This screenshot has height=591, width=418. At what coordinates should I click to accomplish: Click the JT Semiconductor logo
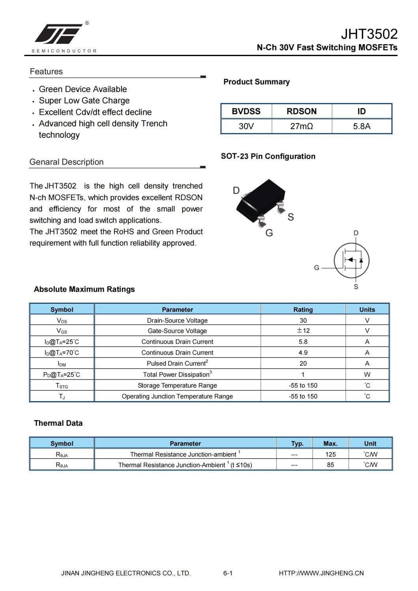click(x=59, y=34)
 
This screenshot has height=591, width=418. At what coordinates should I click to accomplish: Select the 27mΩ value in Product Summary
click(x=302, y=127)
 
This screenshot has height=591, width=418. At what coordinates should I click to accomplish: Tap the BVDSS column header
click(x=246, y=111)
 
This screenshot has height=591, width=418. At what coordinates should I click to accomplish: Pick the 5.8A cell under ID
click(x=362, y=127)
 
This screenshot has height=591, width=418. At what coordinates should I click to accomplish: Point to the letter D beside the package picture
click(x=236, y=191)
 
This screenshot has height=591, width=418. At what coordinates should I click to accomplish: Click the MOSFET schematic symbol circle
click(x=351, y=260)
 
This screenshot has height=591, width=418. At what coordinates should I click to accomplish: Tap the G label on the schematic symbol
click(x=317, y=268)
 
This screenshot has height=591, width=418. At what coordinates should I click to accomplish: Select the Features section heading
click(x=46, y=71)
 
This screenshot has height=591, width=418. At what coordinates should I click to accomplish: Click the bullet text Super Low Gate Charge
click(x=84, y=101)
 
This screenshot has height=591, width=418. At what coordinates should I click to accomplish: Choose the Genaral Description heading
click(x=66, y=162)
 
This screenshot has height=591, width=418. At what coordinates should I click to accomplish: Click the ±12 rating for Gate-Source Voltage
click(x=303, y=331)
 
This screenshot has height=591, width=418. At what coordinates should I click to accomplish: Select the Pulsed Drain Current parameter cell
click(x=177, y=363)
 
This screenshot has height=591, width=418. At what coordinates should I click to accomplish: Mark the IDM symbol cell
click(x=62, y=364)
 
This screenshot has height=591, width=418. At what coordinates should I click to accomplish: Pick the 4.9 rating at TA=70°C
click(x=303, y=353)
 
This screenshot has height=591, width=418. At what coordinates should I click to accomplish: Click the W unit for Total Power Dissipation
click(x=367, y=374)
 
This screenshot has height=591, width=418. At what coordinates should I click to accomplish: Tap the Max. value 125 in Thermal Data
click(x=330, y=454)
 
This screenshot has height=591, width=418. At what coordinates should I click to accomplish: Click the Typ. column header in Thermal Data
click(x=297, y=443)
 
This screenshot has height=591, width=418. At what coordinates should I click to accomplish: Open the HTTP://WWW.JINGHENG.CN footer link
click(x=321, y=573)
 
